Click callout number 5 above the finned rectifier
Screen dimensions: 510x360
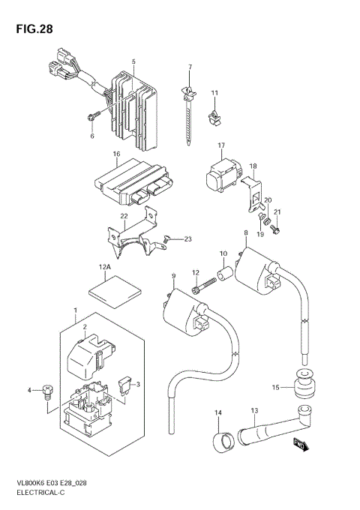(133, 61)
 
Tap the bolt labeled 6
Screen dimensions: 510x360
(91, 115)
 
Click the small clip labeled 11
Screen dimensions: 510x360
(216, 116)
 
